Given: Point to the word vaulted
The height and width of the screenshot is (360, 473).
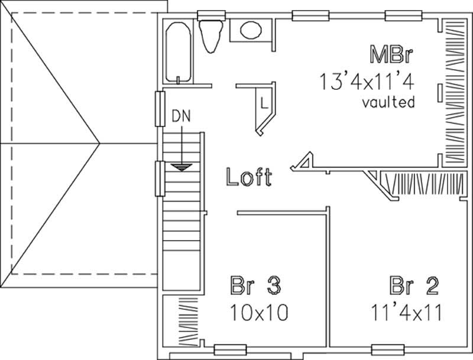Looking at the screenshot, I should coord(388,102).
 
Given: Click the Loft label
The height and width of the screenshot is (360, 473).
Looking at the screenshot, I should coord(249,177).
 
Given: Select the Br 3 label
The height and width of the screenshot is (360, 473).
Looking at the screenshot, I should coord(254,287).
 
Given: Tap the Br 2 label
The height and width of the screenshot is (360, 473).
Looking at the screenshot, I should coord(414,287).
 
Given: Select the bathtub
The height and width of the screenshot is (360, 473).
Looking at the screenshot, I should coord(178,50).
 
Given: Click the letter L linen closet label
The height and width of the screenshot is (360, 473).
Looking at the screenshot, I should coord(264,103).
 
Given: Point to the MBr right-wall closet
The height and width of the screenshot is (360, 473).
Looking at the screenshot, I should coord(454,92).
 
